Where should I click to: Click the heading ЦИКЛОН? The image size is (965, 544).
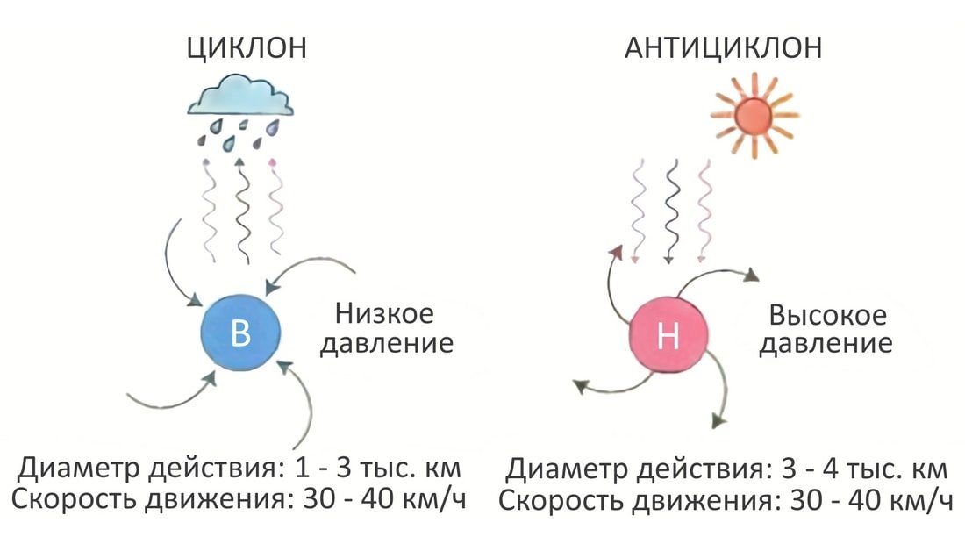point(247,48)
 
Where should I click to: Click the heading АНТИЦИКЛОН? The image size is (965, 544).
point(723,48)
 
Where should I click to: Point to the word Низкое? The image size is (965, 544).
point(385,314)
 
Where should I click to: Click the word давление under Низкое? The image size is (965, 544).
point(385,343)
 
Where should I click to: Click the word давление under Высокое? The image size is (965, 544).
point(826,343)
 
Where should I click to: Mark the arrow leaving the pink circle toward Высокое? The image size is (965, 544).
point(719,279)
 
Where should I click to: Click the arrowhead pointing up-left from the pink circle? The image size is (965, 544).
point(616,254)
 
